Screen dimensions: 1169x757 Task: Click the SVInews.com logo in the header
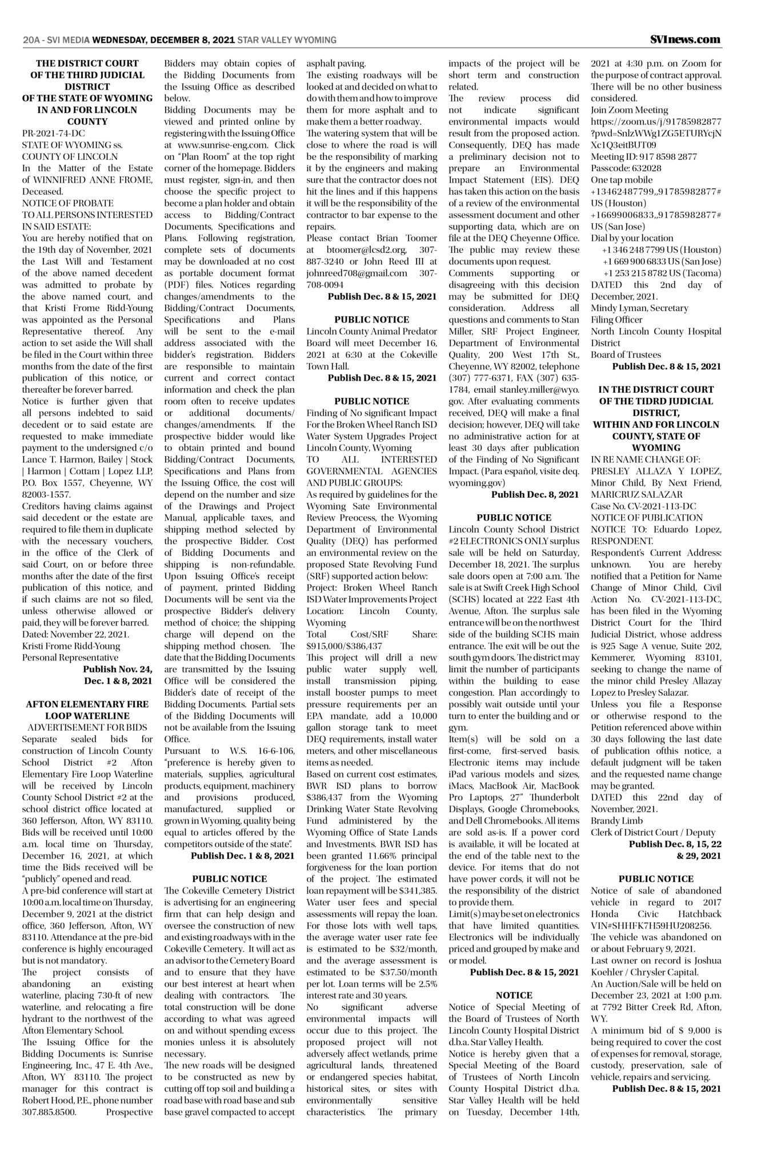pos(685,39)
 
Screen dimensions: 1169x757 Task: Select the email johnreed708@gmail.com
pos(357,273)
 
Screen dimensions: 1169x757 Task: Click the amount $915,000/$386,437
pos(344,646)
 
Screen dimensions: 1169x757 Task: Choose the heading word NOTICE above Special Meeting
pos(514,995)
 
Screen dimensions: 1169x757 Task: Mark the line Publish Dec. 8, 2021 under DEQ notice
pos(535,494)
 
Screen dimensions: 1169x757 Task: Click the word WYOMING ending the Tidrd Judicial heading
pos(655,448)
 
